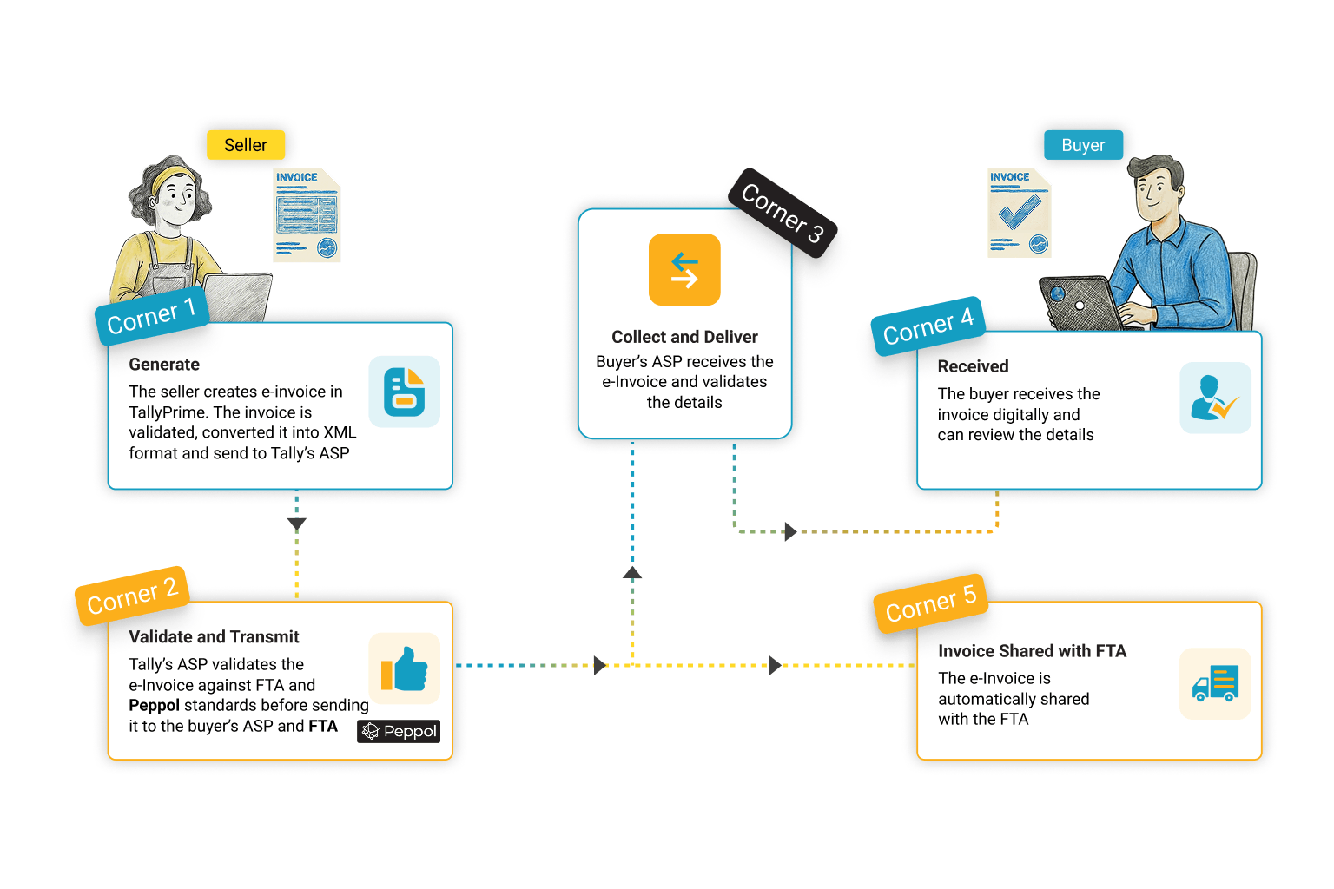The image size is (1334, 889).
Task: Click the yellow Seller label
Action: [x=246, y=145]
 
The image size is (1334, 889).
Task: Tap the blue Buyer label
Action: [x=1083, y=145]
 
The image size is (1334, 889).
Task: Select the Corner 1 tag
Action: [x=152, y=316]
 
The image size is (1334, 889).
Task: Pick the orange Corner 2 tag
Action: [x=132, y=596]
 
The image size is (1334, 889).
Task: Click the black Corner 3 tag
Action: [x=783, y=213]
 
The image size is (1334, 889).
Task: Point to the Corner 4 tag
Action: [x=928, y=326]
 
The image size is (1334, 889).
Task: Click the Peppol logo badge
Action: [x=399, y=731]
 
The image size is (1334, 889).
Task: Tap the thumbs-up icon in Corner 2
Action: [x=405, y=668]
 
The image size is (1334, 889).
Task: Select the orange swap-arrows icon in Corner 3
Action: [x=684, y=270]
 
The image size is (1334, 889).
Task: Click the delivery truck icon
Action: [x=1215, y=683]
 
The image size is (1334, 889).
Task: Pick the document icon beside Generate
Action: [x=405, y=392]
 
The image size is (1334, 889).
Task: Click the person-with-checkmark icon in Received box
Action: [x=1215, y=398]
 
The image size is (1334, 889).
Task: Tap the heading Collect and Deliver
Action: [x=684, y=337]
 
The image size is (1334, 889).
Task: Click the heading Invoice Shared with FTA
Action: [x=1032, y=651]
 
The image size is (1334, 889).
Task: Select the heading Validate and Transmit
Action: [x=214, y=637]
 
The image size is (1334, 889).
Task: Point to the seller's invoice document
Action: [x=307, y=215]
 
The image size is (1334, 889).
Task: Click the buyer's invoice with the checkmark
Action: [x=1019, y=213]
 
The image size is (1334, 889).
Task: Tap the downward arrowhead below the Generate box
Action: [x=297, y=524]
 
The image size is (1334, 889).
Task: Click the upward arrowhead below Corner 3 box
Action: [x=632, y=573]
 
